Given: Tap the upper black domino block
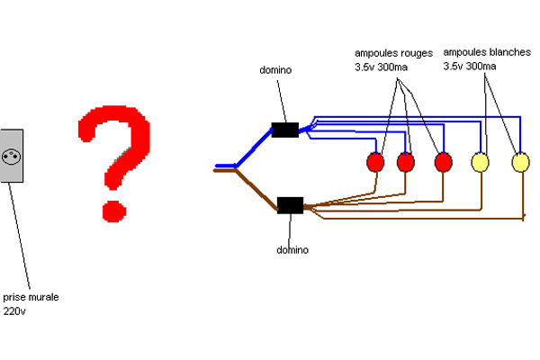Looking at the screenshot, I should pyautogui.click(x=284, y=130).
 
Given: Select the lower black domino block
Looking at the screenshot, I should pyautogui.click(x=290, y=205).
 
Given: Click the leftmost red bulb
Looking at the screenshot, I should pyautogui.click(x=376, y=163).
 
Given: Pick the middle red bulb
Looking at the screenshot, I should pyautogui.click(x=406, y=163).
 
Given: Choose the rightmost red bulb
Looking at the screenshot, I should pyautogui.click(x=442, y=163).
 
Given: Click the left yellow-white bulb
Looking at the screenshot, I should pyautogui.click(x=481, y=163).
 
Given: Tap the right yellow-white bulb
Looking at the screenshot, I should pyautogui.click(x=520, y=163).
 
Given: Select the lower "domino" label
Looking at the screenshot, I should pyautogui.click(x=292, y=249).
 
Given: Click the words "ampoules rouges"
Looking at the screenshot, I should pyautogui.click(x=391, y=53).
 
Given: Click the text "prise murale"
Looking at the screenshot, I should pyautogui.click(x=31, y=296).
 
